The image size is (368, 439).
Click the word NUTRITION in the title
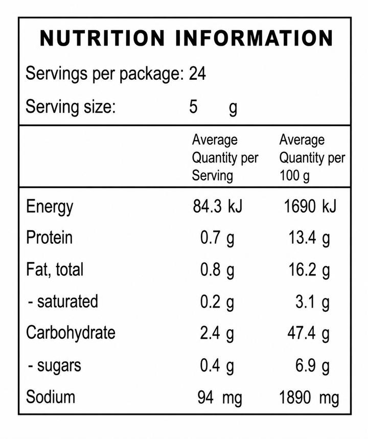point(102,38)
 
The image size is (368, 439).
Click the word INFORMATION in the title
point(255,38)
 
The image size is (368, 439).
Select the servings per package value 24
point(197,74)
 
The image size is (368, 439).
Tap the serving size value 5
point(193,106)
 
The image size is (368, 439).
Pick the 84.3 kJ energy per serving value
point(217,206)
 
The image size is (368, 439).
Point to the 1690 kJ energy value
point(310,206)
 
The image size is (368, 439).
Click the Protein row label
point(49,238)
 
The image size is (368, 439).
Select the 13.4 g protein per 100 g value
point(309,239)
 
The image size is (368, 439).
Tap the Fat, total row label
point(55,270)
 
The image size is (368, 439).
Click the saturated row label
point(63,302)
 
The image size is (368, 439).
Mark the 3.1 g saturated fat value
point(313,303)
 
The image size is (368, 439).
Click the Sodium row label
point(51,397)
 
